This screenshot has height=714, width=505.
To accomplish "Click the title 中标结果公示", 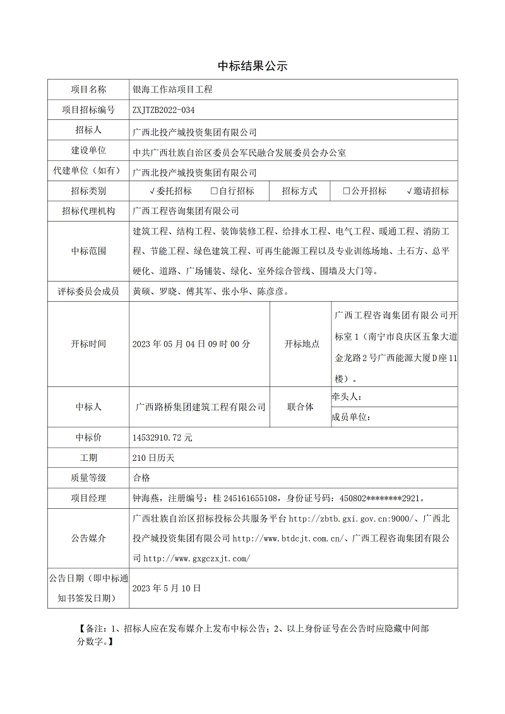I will tap(252, 66).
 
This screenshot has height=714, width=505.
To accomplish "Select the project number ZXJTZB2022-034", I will tap(163, 110).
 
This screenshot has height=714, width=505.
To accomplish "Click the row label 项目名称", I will tap(88, 90).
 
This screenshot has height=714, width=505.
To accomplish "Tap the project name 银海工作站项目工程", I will tap(172, 90).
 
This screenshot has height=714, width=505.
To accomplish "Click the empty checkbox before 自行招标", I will tap(215, 191).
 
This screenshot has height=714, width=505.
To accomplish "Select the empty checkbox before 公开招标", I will tap(346, 191).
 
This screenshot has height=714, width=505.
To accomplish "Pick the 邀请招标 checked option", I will tap(410, 191).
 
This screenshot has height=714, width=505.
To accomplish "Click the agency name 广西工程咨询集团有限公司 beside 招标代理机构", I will tap(186, 211).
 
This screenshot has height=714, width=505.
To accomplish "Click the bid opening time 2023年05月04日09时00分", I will tap(191, 344).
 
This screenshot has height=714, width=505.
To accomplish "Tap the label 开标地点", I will tap(302, 344).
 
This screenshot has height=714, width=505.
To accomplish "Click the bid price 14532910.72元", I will tap(162, 437).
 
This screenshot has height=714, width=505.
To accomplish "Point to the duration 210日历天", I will tap(153, 458).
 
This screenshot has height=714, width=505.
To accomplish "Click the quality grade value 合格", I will tap(141, 478).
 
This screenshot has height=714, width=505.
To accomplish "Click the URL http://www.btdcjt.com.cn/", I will tap(287, 538).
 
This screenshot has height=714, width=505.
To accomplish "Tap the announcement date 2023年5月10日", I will tap(167, 588).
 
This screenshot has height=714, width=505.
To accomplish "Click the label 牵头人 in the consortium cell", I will tap(347, 397).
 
